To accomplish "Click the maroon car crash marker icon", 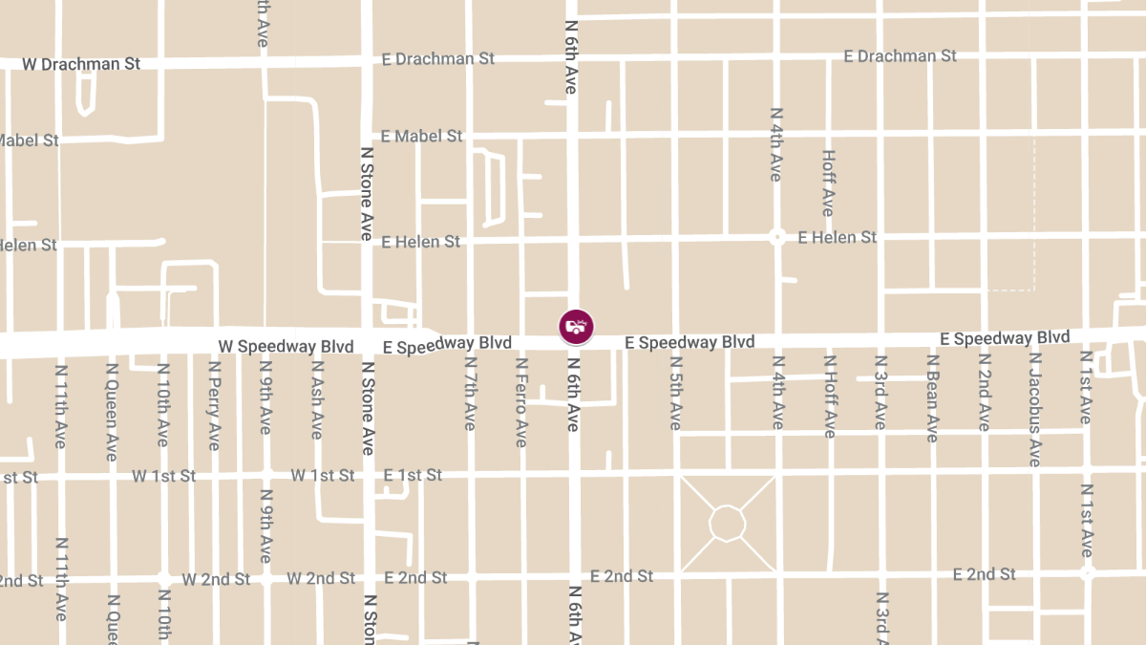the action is (x=576, y=327).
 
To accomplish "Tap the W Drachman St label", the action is (x=81, y=64).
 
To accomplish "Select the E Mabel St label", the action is (x=421, y=137).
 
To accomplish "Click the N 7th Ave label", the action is (x=470, y=393).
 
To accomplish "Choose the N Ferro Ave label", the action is (x=521, y=401).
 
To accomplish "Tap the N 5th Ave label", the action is (x=675, y=393).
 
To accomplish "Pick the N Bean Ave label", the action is (x=931, y=398).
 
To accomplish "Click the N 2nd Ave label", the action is (x=984, y=393).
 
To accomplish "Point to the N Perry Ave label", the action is (x=214, y=405).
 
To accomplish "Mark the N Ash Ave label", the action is (x=316, y=399).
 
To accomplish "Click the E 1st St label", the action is (x=413, y=475).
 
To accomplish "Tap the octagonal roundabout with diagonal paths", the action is (x=727, y=524).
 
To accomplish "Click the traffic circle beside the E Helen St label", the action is (x=777, y=237).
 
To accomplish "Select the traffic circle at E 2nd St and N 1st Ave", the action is (x=1087, y=573).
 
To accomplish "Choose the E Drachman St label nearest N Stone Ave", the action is (x=437, y=58).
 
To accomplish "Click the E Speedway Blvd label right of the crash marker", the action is (x=690, y=342).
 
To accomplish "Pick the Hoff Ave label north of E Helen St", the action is (x=828, y=182).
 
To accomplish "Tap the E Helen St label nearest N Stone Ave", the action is (x=420, y=242).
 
